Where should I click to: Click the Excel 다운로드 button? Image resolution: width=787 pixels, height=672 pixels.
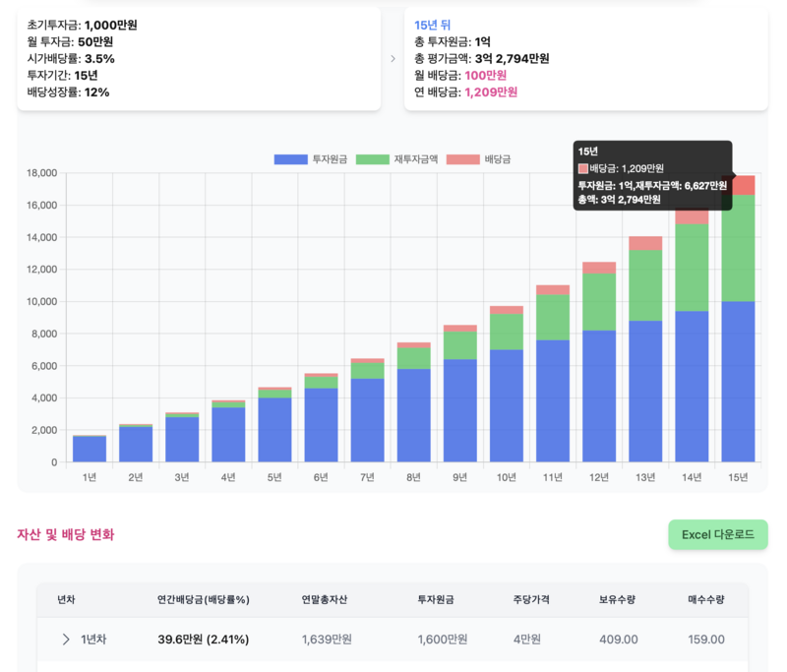click(x=717, y=534)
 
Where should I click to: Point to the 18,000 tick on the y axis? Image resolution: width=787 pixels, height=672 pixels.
click(x=40, y=173)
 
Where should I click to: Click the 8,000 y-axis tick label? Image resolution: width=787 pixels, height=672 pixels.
click(x=43, y=334)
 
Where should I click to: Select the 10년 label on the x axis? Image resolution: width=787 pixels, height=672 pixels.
click(x=507, y=477)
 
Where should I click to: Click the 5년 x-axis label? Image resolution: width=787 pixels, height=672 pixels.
click(x=274, y=477)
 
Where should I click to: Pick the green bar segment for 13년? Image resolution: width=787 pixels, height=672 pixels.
click(x=645, y=285)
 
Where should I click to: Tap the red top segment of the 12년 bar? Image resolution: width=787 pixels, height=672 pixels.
click(x=599, y=268)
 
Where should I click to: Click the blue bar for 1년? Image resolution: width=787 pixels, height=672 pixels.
click(x=90, y=449)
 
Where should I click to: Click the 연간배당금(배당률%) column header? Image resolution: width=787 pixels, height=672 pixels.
click(x=203, y=599)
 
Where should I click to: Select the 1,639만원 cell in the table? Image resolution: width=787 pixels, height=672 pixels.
click(x=327, y=640)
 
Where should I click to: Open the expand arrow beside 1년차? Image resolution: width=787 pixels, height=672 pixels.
click(x=66, y=640)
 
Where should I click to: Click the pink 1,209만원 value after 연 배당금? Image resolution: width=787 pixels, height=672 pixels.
click(x=491, y=92)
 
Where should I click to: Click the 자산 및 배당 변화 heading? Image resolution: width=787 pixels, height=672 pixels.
click(x=65, y=534)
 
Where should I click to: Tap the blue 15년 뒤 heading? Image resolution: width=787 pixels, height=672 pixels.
click(x=432, y=25)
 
